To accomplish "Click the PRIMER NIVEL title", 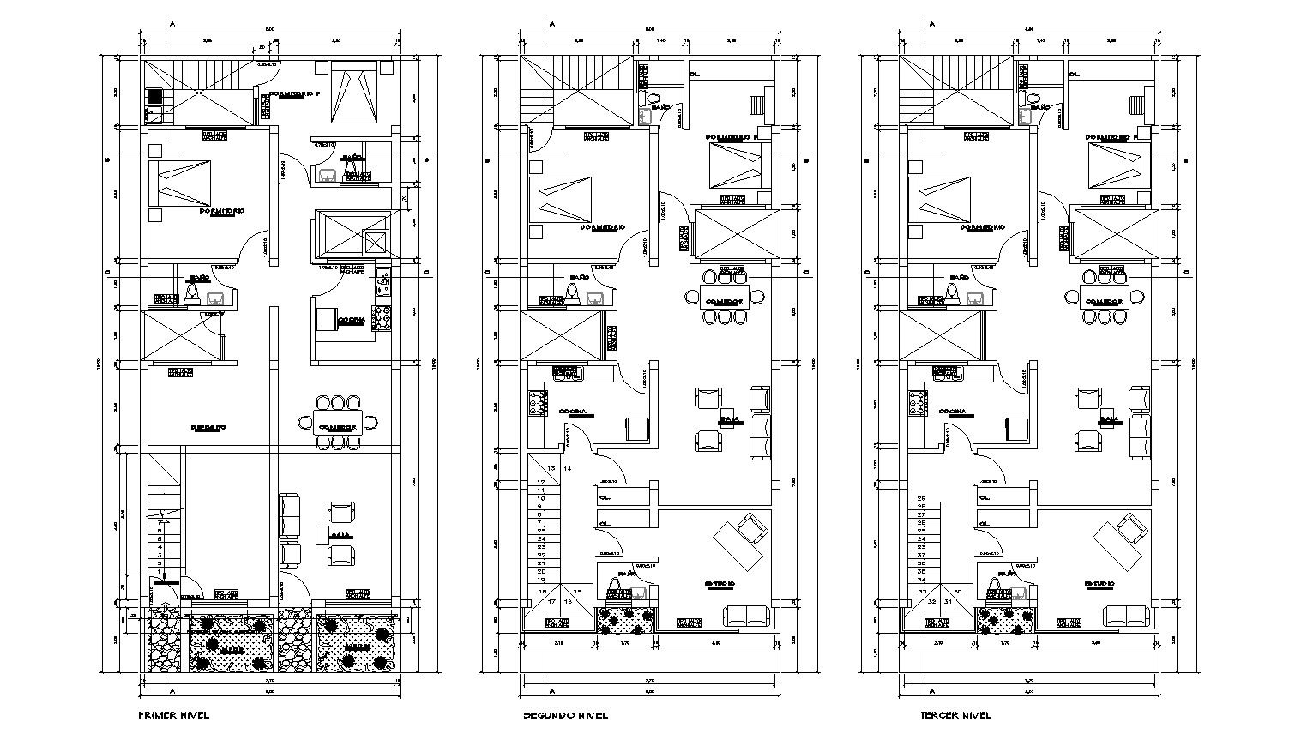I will [173, 714].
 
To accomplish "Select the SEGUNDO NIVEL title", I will [565, 715].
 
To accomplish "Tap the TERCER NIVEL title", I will [955, 715].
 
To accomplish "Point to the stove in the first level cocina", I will [382, 318].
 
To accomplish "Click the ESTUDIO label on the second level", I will [720, 583].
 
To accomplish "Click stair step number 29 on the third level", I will [922, 498].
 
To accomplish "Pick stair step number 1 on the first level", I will [160, 571].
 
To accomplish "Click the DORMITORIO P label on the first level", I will [294, 93].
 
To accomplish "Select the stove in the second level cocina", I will [539, 403].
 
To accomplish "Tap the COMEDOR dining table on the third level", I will [1103, 301].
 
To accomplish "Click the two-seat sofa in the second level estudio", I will [747, 614].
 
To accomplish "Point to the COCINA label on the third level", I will [953, 412].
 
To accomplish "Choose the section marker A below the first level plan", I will [172, 691].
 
